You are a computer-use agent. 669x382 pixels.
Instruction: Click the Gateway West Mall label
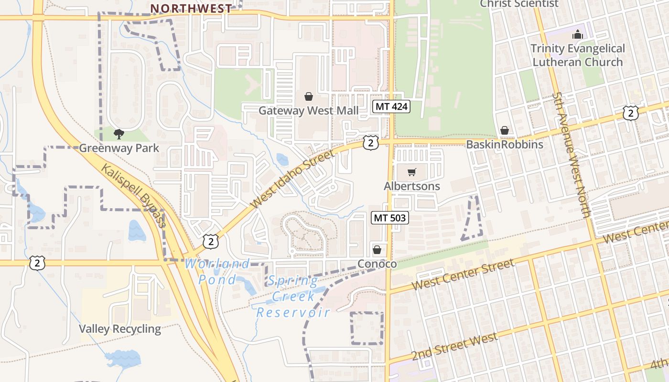308,111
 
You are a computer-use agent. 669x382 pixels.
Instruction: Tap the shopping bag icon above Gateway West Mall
308,96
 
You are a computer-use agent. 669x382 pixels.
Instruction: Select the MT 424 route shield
391,106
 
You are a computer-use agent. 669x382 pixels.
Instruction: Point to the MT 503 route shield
390,218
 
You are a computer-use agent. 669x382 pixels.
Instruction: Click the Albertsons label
412,186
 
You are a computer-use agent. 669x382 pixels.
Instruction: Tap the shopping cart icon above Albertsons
412,172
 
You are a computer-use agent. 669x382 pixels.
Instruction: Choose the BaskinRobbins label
505,145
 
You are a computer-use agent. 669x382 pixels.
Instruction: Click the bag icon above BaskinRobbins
504,130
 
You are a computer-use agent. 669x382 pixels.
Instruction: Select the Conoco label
377,264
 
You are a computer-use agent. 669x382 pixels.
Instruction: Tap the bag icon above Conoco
377,250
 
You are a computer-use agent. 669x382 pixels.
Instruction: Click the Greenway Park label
119,148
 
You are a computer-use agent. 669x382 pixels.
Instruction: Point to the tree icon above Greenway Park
119,134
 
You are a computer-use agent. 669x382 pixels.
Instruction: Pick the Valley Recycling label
120,329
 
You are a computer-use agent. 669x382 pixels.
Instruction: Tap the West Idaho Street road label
292,179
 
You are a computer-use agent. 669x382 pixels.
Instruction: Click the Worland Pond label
217,271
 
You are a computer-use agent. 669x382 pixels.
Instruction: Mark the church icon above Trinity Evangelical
577,35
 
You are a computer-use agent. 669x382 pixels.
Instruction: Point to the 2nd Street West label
454,347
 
